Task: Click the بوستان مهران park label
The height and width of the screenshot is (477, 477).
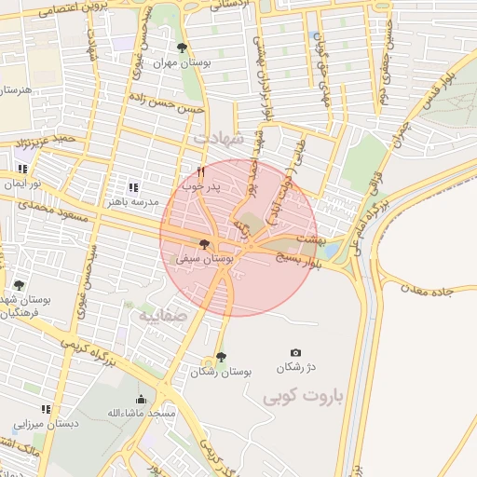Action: click(177, 62)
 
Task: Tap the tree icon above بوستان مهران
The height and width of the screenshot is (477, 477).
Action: click(182, 48)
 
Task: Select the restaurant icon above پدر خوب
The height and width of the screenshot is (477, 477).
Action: click(200, 171)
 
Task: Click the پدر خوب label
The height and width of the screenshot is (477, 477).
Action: click(200, 187)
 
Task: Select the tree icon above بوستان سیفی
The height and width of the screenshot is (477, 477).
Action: click(205, 244)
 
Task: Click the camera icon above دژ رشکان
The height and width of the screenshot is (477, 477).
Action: click(296, 353)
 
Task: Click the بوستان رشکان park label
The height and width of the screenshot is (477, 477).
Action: click(222, 372)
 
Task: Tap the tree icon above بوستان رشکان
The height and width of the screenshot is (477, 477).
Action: click(221, 357)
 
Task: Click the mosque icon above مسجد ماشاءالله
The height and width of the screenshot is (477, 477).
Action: click(141, 399)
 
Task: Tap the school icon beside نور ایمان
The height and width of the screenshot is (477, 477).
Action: click(22, 170)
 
